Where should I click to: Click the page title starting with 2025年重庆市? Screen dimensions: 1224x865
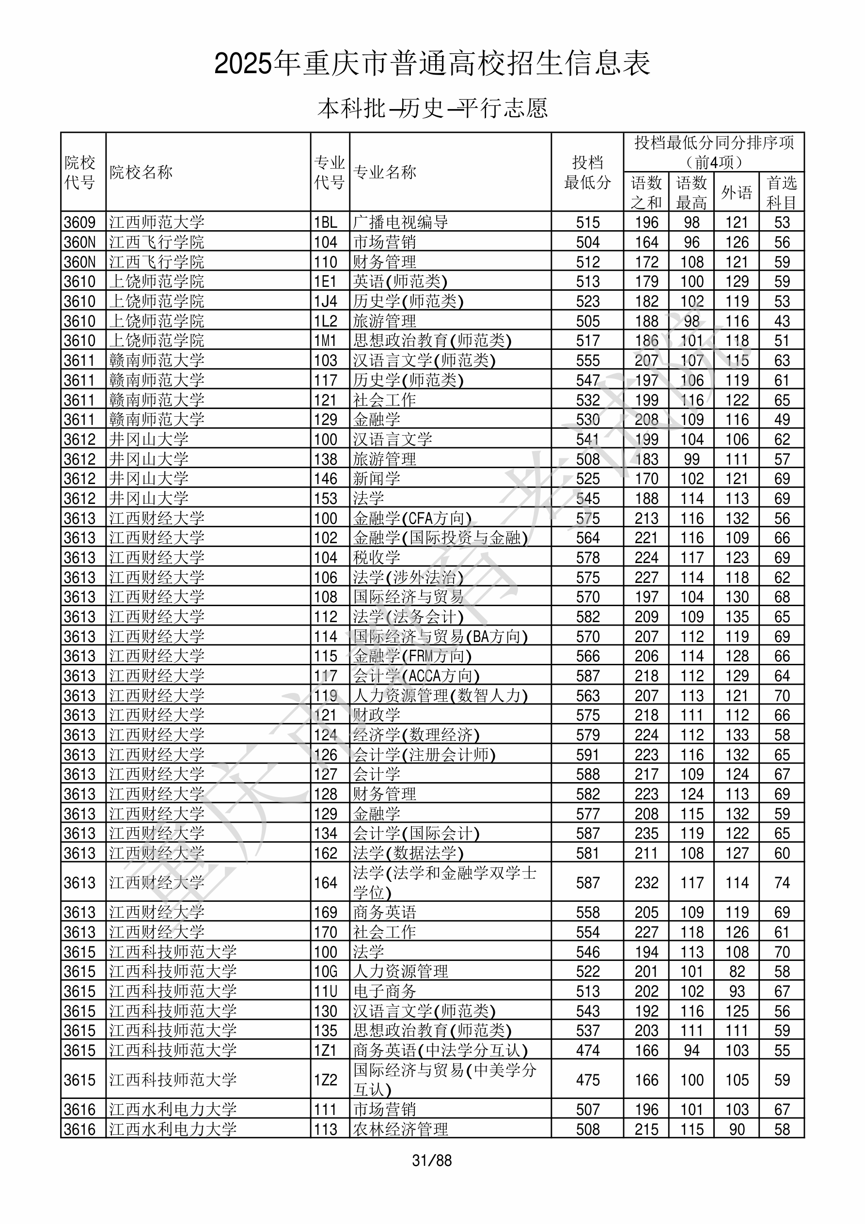tap(432, 64)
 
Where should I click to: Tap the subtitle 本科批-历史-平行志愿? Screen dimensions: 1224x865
tap(432, 108)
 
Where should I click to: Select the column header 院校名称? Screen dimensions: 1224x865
tap(142, 172)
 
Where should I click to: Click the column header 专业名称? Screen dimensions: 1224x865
tap(384, 172)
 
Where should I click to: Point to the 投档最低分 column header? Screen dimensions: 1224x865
tap(587, 172)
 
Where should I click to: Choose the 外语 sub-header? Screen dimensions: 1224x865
tap(737, 192)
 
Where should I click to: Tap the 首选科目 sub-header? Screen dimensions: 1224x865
tap(781, 192)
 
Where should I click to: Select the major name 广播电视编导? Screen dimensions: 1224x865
tap(400, 222)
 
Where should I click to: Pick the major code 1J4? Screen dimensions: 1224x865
tap(326, 301)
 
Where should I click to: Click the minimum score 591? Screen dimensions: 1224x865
tap(588, 755)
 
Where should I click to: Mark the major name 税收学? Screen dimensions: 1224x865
tap(377, 558)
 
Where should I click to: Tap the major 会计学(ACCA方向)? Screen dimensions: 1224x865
tap(416, 676)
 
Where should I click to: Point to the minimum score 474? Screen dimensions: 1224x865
tap(588, 1050)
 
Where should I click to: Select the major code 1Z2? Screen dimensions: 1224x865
tap(326, 1080)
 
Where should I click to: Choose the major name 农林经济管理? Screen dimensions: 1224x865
tap(400, 1129)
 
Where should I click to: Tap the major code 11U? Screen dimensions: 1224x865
tap(326, 991)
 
